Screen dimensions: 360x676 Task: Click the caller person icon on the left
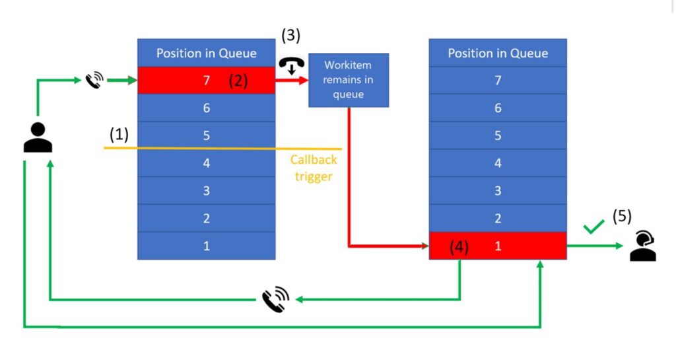[x=38, y=138]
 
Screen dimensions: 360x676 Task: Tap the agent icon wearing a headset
[x=642, y=246]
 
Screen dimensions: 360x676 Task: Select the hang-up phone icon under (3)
[x=291, y=66]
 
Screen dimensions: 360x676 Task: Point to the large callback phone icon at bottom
[x=275, y=299]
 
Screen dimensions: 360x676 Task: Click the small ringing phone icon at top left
[x=94, y=81]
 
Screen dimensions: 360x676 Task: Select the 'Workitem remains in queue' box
[x=348, y=80]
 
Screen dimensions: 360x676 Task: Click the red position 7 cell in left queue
[x=206, y=81]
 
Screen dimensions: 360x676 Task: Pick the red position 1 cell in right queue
[x=498, y=246]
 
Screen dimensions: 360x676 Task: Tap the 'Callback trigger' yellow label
[x=314, y=168]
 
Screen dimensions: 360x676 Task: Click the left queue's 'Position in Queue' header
[x=206, y=53]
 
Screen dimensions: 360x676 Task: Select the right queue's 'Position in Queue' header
[x=498, y=53]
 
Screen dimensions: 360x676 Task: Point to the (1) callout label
[x=119, y=135]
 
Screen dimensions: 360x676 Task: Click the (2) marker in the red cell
[x=238, y=81]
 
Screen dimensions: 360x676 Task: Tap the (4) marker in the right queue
[x=459, y=247]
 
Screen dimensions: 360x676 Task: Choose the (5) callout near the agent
[x=622, y=216]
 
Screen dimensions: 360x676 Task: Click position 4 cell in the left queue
[x=206, y=162]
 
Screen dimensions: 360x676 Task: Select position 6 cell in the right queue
[x=498, y=108]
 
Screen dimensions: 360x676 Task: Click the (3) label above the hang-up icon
[x=291, y=35]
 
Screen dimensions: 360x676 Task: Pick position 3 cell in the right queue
[x=498, y=190]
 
